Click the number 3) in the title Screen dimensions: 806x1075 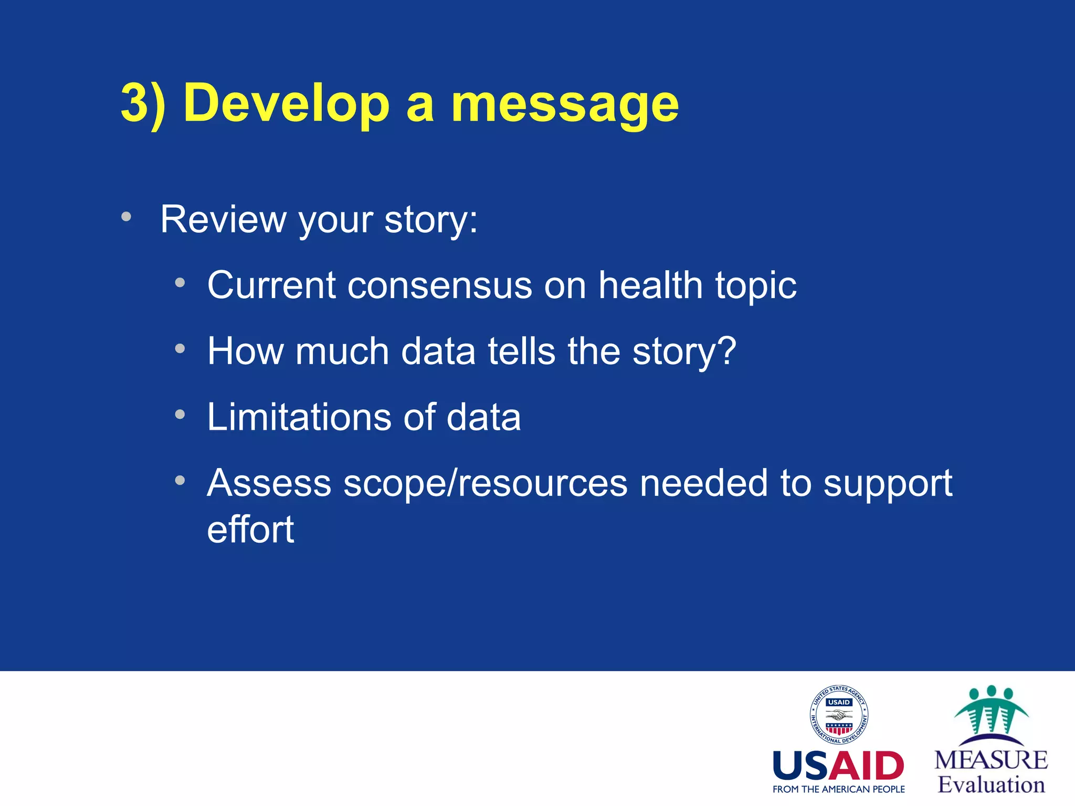coord(143,103)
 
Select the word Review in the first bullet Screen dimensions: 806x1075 coord(223,219)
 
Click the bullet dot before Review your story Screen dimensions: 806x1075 coord(126,217)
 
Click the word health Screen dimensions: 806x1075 coord(650,285)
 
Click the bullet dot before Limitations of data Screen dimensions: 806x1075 coord(180,415)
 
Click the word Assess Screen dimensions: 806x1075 coord(269,483)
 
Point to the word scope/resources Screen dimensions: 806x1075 coord(485,484)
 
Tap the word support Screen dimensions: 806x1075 coord(887,484)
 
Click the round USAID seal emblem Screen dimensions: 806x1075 coord(838,715)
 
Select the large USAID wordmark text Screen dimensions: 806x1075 coord(838,766)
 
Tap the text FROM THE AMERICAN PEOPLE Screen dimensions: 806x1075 coord(838,789)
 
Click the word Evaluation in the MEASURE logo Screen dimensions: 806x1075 coord(991,784)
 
